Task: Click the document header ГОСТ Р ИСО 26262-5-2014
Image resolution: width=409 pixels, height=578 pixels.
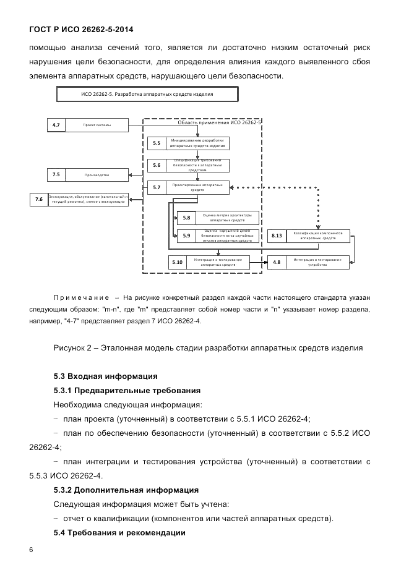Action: click(x=81, y=29)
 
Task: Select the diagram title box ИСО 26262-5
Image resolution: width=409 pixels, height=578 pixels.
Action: click(x=147, y=95)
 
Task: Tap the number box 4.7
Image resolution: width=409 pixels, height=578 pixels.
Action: click(x=56, y=125)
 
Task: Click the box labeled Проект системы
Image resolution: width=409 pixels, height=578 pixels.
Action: click(x=97, y=125)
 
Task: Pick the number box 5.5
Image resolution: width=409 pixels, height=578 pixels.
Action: click(x=157, y=143)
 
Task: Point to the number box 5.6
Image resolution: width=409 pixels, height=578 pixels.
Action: click(x=157, y=165)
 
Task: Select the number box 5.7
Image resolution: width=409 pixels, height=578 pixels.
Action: click(x=157, y=187)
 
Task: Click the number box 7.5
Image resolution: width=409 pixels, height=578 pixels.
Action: click(x=56, y=175)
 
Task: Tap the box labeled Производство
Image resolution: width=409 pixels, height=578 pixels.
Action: click(x=97, y=175)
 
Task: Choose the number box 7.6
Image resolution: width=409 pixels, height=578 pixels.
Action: click(x=39, y=199)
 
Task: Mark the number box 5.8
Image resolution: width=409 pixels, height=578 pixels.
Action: click(x=186, y=218)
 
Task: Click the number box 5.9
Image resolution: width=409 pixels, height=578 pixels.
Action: click(x=186, y=236)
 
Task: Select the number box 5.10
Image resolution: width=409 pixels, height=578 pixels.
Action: click(x=178, y=262)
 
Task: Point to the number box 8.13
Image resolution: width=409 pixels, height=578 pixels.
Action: click(x=277, y=236)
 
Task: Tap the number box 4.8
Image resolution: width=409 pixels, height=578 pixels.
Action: click(x=277, y=262)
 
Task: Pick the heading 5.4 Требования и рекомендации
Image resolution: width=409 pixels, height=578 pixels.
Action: click(x=119, y=532)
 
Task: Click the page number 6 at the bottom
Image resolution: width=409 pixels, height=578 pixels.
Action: click(x=31, y=550)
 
